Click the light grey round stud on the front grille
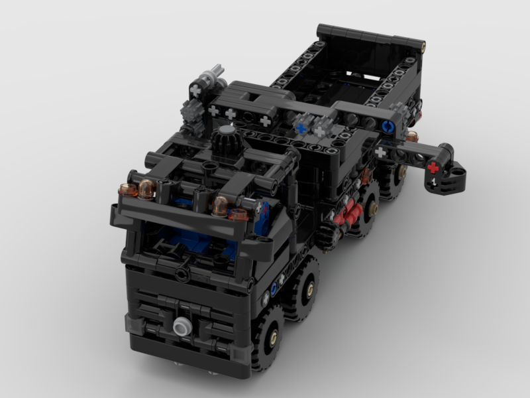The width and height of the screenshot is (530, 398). (180, 326)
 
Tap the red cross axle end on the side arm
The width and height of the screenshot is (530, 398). (433, 166)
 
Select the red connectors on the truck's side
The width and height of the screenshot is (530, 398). (346, 214)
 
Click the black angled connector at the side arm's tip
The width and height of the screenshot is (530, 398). (450, 176)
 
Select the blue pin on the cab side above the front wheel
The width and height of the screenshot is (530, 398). (273, 289)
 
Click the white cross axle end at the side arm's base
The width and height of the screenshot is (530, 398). (381, 153)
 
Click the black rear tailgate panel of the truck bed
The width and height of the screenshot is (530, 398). (368, 36)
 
